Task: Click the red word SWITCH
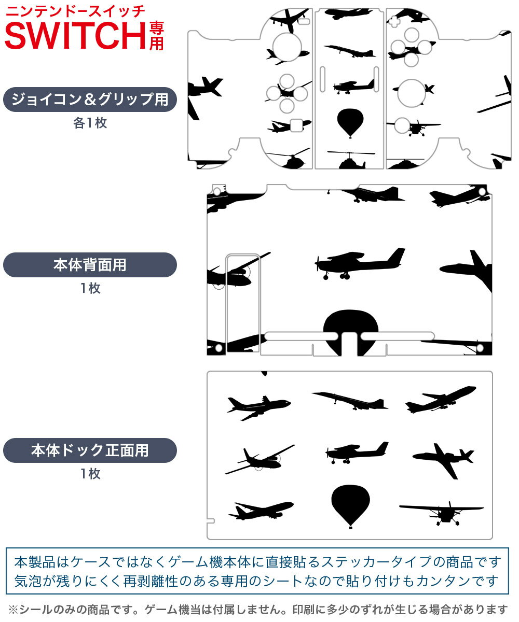coord(75,36)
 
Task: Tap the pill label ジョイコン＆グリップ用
coord(90,100)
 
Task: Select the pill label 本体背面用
coord(90,265)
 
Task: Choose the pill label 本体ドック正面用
coord(90,450)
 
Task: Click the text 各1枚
coord(90,123)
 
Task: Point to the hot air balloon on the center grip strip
coord(350,123)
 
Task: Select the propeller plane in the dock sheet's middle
coord(357,453)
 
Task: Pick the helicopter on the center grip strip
coord(351,160)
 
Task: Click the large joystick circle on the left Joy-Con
coord(287,47)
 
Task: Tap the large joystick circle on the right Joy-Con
coord(412,93)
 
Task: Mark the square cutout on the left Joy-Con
coord(296,125)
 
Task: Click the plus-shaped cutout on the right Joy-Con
coord(394,21)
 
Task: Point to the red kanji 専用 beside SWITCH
coord(157,36)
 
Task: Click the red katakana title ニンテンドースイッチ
coord(75,11)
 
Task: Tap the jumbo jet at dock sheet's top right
coord(441,400)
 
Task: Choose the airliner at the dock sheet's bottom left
coord(261,511)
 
